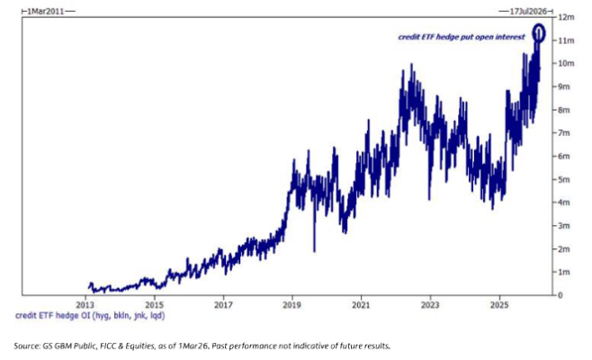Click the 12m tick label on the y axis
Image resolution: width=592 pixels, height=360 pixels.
tap(565, 17)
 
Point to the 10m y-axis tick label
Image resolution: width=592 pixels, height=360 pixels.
tap(565, 63)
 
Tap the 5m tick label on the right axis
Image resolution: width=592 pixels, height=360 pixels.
tap(563, 179)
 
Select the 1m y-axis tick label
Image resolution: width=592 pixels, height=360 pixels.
tap(563, 272)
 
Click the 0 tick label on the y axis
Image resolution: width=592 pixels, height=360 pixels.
tap(561, 295)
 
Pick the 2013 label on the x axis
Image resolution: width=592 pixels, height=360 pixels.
tap(85, 305)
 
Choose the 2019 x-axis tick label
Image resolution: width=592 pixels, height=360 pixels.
tap(292, 305)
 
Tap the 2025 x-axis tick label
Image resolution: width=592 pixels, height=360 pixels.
tap(499, 305)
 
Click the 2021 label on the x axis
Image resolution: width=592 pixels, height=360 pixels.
tap(362, 305)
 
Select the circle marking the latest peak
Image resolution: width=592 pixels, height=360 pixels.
tap(539, 33)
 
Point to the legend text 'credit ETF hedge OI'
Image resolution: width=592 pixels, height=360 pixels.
tap(63, 316)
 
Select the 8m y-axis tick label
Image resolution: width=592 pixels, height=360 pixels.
tap(563, 110)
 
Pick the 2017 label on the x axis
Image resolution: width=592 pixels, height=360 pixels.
tap(224, 305)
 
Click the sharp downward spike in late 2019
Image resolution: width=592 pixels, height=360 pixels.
tap(313, 250)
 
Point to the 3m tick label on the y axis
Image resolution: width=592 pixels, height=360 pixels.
tap(563, 225)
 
